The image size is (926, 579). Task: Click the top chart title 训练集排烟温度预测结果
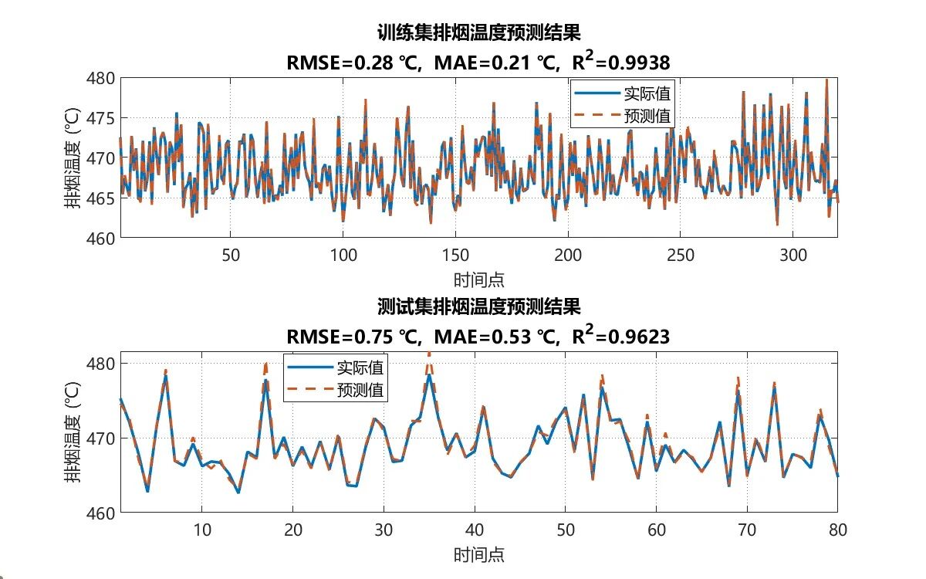478,32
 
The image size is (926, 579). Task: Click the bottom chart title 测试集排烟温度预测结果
478,306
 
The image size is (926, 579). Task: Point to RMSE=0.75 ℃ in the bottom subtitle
353,337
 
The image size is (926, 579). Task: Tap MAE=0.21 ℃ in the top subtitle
494,63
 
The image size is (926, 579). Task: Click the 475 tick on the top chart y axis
102,118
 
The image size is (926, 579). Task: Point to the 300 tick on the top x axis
793,256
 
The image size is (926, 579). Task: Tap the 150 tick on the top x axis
455,256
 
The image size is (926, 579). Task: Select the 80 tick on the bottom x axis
837,530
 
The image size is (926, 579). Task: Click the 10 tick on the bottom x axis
201,530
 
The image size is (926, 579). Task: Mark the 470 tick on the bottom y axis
102,438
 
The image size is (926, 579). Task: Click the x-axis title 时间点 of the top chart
478,279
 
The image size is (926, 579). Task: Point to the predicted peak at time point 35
429,354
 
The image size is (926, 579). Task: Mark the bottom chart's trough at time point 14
238,492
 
